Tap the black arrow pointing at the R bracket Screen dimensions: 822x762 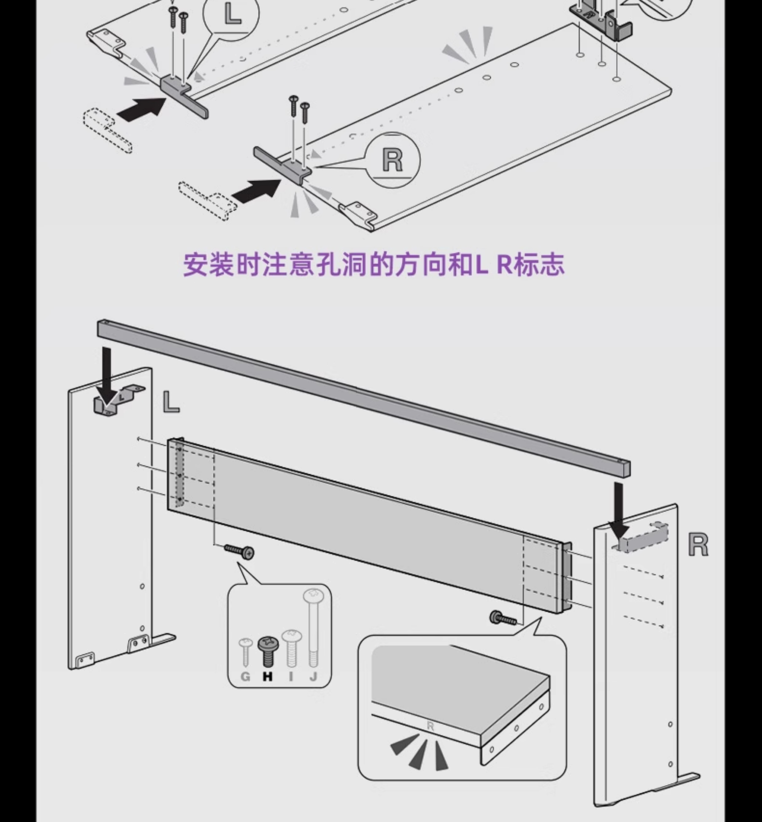pos(256,190)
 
